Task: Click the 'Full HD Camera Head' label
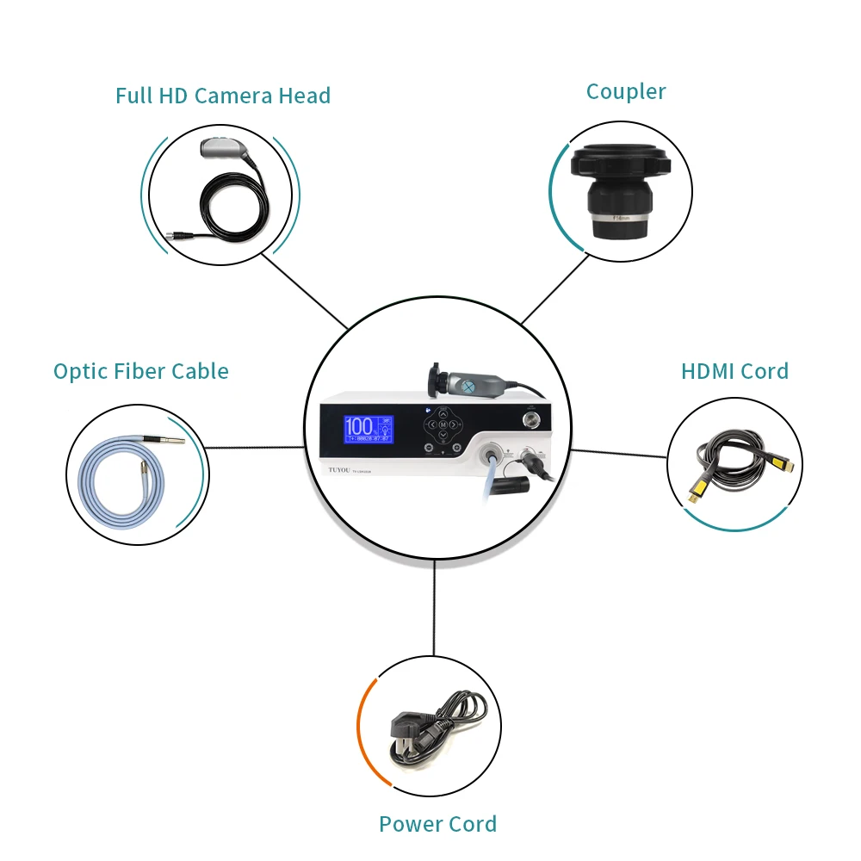pyautogui.click(x=223, y=96)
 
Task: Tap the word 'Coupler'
pyautogui.click(x=626, y=92)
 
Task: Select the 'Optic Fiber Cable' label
pyautogui.click(x=141, y=371)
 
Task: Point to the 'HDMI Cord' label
pyautogui.click(x=734, y=371)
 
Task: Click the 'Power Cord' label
pyautogui.click(x=437, y=824)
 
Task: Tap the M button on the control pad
pyautogui.click(x=443, y=425)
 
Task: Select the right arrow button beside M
pyautogui.click(x=458, y=425)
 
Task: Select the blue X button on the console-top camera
pyautogui.click(x=468, y=387)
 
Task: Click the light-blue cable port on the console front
pyautogui.click(x=493, y=454)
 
